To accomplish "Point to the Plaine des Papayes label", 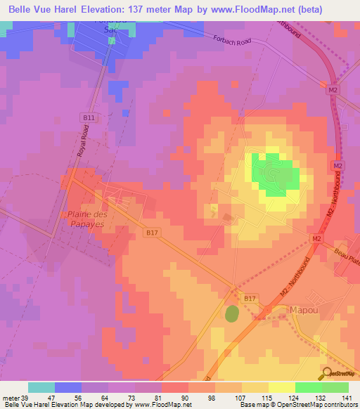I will pos(87,219).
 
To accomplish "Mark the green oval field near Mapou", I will pos(232,313).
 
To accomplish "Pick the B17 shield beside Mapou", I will pos(250,299).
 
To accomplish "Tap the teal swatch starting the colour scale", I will pos(41,387).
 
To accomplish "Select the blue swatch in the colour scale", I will pos(68,387).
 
